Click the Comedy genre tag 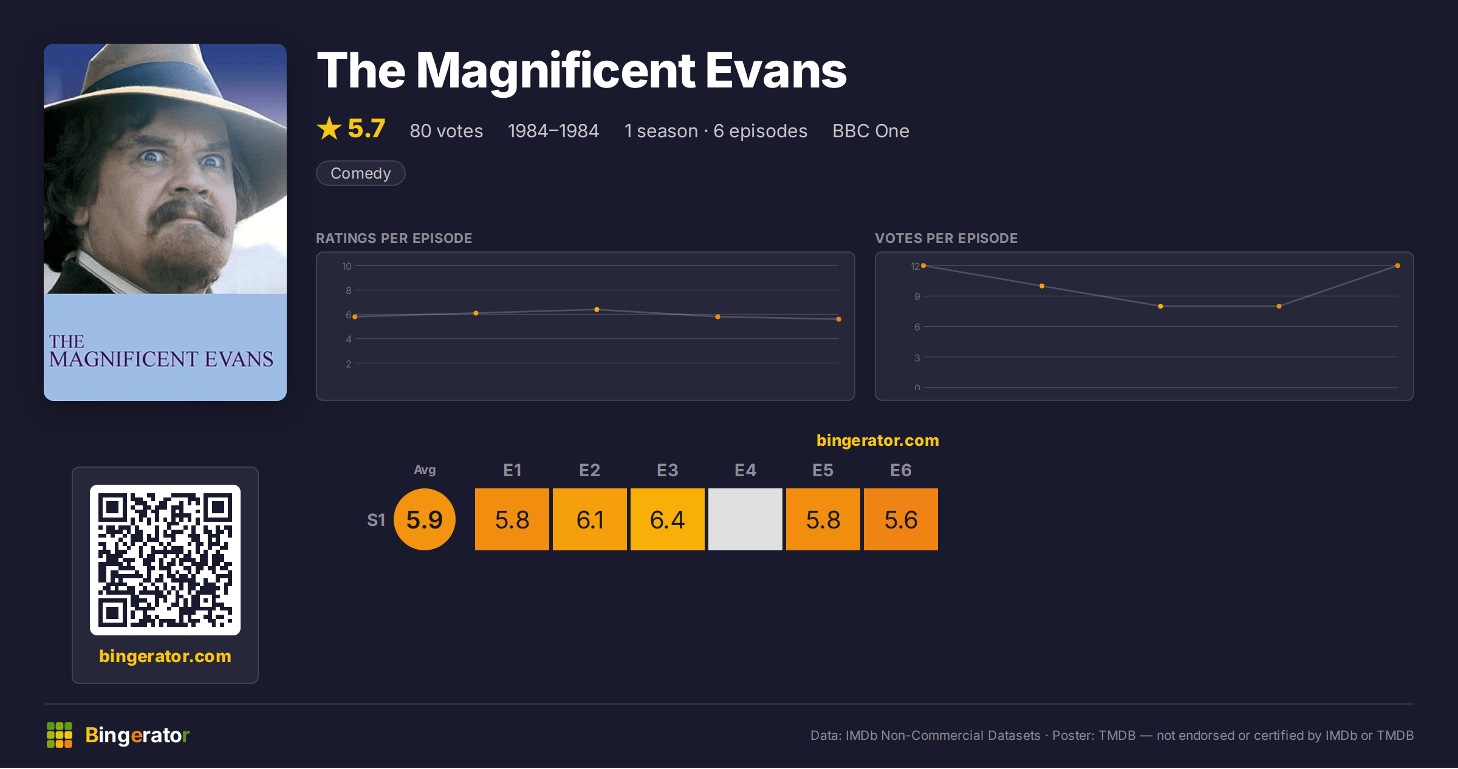tap(360, 173)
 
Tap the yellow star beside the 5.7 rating tap(329, 128)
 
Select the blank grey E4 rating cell tap(745, 519)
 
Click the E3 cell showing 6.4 tap(668, 519)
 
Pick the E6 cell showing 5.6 tap(901, 519)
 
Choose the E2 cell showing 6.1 tap(590, 519)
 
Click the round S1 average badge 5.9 tap(425, 519)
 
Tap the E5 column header tap(823, 470)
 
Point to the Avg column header tap(425, 470)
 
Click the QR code tap(165, 560)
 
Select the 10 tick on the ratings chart tap(347, 266)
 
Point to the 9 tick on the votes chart tap(917, 296)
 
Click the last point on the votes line tap(1398, 265)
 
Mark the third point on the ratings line tap(597, 310)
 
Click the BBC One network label tap(871, 131)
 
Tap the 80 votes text tap(447, 131)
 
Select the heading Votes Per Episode tap(946, 238)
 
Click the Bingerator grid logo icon tap(60, 735)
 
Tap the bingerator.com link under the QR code tap(165, 656)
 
